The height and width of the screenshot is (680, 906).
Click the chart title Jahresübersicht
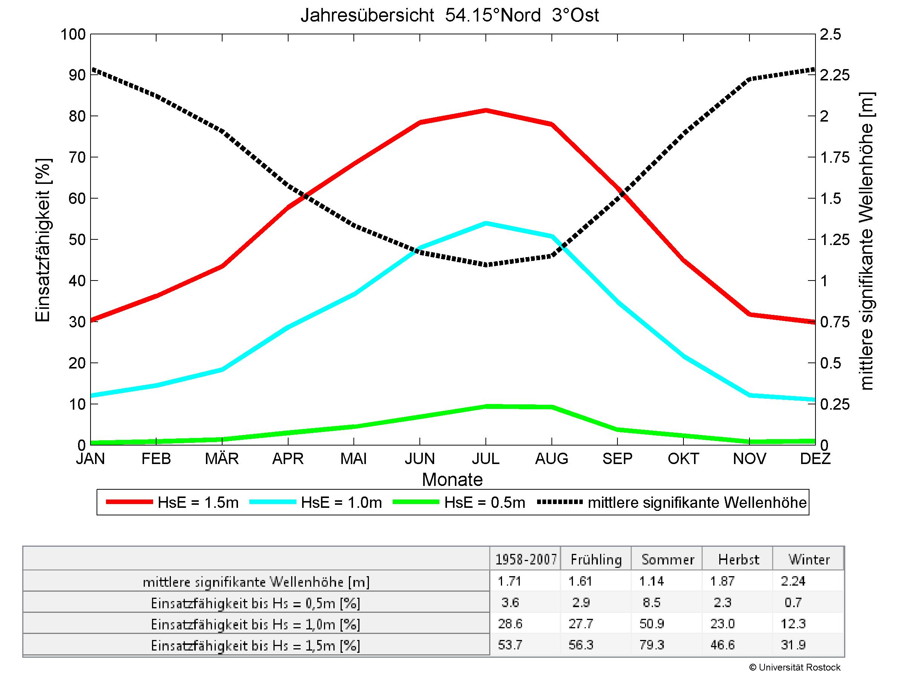pyautogui.click(x=449, y=15)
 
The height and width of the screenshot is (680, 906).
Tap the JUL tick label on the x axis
pyautogui.click(x=486, y=458)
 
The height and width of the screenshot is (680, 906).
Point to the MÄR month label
pyautogui.click(x=221, y=458)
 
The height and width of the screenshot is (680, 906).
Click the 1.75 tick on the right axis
pyautogui.click(x=834, y=157)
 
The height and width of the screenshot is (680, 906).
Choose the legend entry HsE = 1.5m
pyautogui.click(x=172, y=502)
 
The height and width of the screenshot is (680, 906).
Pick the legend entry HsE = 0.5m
pyautogui.click(x=459, y=502)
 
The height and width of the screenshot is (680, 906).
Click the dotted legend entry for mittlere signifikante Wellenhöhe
pyautogui.click(x=672, y=502)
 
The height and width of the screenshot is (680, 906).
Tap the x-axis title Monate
pyautogui.click(x=452, y=479)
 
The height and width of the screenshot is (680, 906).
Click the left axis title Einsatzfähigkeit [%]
pyautogui.click(x=43, y=240)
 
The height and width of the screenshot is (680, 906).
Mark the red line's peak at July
pyautogui.click(x=486, y=110)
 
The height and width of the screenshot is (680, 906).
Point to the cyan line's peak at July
pyautogui.click(x=486, y=224)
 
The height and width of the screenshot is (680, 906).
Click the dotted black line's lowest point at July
pyautogui.click(x=486, y=265)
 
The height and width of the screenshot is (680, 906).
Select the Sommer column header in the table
pyautogui.click(x=668, y=560)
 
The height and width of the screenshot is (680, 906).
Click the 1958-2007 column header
pyautogui.click(x=526, y=560)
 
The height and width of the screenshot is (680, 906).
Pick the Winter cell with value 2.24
pyautogui.click(x=793, y=581)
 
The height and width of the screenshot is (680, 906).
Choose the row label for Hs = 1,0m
pyautogui.click(x=256, y=624)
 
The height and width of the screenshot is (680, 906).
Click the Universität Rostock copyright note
pyautogui.click(x=795, y=668)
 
